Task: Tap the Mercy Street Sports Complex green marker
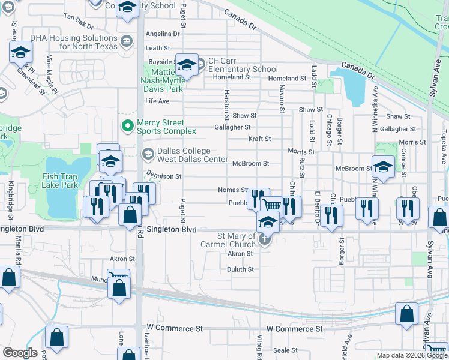point(127,126)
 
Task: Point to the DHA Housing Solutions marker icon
point(127,41)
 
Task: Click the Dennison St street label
point(163,176)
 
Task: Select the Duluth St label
point(240,269)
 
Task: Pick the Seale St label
point(286,350)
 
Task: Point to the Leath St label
point(158,48)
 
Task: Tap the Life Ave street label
point(157,101)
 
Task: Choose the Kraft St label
point(259,139)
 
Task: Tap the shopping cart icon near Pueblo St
point(271,205)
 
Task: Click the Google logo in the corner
point(20,353)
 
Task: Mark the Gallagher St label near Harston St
point(232,127)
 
